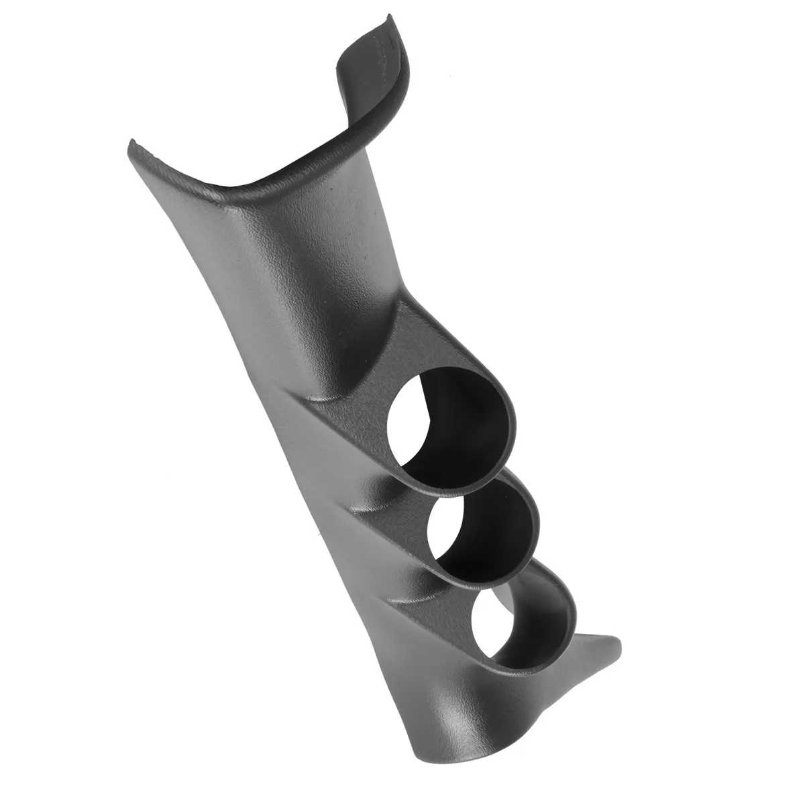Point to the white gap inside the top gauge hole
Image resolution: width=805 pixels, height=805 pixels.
point(407,443)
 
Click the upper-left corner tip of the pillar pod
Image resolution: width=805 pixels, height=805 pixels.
point(131,142)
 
